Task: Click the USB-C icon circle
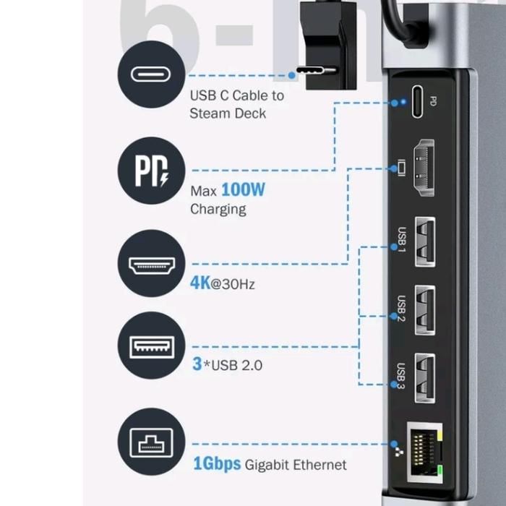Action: (152, 74)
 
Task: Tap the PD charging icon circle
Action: (152, 171)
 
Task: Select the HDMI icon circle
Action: (152, 265)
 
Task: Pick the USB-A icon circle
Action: (152, 347)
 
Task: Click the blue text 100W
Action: (243, 190)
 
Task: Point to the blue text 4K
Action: (200, 282)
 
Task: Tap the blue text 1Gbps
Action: (217, 463)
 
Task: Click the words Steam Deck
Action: (228, 113)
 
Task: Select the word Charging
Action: (218, 210)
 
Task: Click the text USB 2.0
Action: (236, 364)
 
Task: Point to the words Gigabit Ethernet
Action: (296, 465)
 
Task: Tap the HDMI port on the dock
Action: (422, 171)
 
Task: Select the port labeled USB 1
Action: (424, 241)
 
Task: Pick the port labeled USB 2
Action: (424, 309)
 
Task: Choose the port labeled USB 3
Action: (424, 377)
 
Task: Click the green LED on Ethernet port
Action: (440, 473)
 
